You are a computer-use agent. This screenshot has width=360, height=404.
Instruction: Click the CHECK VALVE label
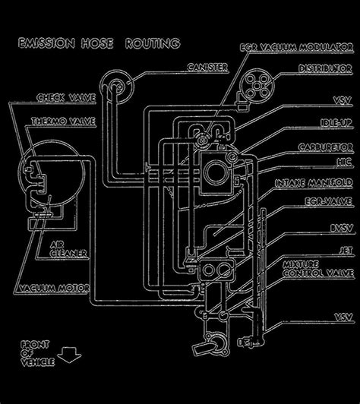(x=56, y=98)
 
